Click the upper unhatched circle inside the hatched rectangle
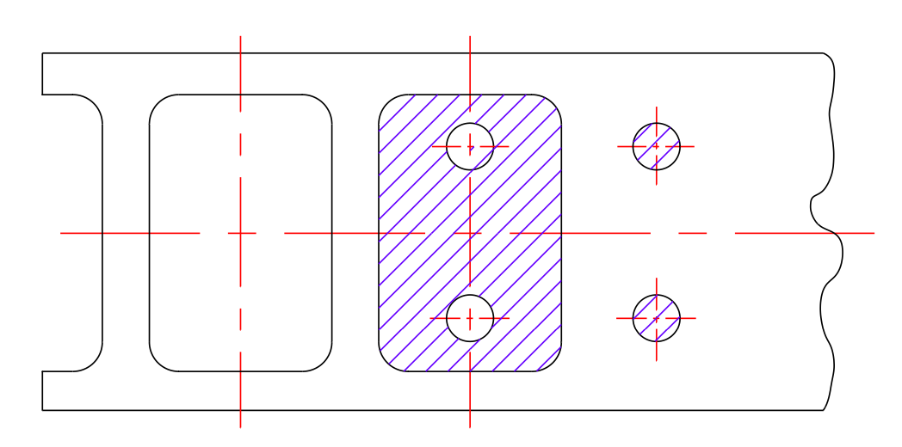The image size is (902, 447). click(x=470, y=146)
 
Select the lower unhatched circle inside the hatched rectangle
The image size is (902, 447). click(x=470, y=318)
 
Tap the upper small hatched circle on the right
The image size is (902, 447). click(x=656, y=146)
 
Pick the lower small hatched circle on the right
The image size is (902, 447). click(x=656, y=318)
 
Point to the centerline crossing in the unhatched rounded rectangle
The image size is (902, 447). click(x=240, y=233)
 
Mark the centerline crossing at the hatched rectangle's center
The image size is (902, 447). click(x=470, y=233)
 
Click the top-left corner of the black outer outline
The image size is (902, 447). click(x=42, y=53)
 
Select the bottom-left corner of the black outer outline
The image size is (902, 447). click(x=42, y=410)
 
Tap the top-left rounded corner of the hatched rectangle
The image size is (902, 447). click(x=387, y=103)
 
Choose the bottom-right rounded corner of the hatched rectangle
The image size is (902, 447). click(x=553, y=363)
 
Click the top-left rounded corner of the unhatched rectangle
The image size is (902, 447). click(x=158, y=103)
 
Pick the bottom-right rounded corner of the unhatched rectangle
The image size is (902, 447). click(x=324, y=363)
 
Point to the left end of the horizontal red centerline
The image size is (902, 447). click(x=60, y=233)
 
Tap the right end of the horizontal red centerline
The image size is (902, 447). click(x=874, y=233)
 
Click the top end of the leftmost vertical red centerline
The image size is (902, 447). click(x=240, y=36)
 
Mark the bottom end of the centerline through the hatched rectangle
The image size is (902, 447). click(x=470, y=427)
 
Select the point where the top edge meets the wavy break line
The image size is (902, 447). click(x=824, y=53)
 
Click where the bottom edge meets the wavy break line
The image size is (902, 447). click(x=824, y=410)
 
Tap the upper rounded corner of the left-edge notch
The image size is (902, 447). click(x=94, y=103)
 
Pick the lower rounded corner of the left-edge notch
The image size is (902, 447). click(x=94, y=363)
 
